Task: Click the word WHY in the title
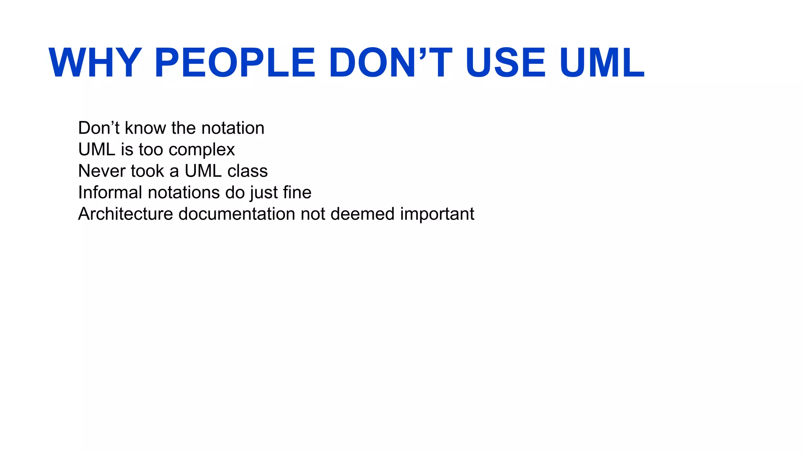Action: tap(95, 63)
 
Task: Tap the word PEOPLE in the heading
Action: tap(235, 63)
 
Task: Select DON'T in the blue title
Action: tap(391, 63)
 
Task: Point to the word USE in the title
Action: tap(505, 63)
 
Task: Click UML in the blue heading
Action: tap(602, 63)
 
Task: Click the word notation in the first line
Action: tap(233, 128)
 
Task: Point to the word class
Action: tap(247, 171)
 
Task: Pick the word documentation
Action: tap(237, 214)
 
